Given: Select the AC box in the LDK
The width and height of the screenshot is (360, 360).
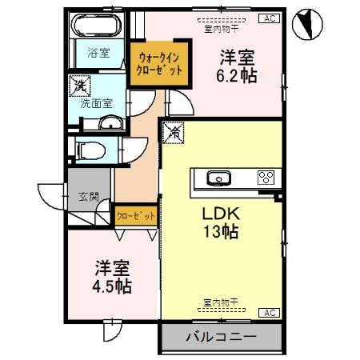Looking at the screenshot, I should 269,313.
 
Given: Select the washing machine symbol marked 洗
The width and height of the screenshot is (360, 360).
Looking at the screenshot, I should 80,83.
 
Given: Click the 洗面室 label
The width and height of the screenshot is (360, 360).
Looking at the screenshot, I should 96,103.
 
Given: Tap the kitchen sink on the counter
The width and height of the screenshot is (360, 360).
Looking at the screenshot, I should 217,178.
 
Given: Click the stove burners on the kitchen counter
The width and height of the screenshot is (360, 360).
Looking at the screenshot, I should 266,178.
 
